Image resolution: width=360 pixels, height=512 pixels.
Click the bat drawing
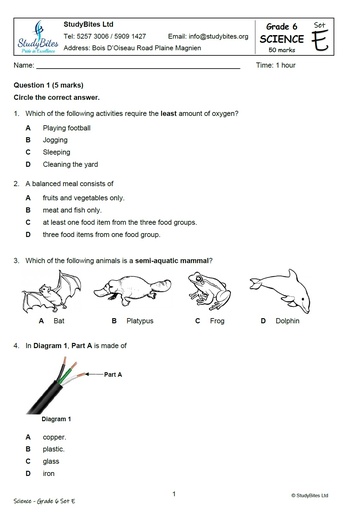tap(45, 294)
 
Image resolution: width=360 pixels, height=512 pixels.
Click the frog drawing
tap(207, 291)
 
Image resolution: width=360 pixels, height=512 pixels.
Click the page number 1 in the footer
tap(174, 493)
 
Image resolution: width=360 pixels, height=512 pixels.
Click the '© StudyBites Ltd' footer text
tap(316, 495)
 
